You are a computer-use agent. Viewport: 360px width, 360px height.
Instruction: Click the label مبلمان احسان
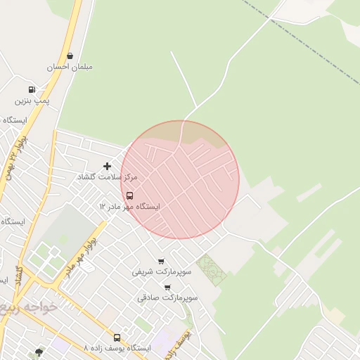coord(70,67)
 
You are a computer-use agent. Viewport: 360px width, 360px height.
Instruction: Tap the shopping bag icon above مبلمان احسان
coord(70,56)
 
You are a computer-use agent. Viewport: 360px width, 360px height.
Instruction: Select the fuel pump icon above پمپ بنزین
coord(32,89)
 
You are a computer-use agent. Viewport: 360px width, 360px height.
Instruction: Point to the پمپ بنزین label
coord(33,101)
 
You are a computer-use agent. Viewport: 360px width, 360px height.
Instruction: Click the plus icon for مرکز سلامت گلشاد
coord(107,166)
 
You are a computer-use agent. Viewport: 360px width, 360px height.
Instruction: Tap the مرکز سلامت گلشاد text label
coord(107,177)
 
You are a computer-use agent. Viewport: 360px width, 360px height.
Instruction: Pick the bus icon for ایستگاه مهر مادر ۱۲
coord(129,195)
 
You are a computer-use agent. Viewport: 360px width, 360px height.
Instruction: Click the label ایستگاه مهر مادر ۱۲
coord(129,207)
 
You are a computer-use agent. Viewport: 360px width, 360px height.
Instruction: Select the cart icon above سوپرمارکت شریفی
coord(161,261)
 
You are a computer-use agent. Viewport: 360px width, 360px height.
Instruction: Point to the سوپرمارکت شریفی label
coord(161,271)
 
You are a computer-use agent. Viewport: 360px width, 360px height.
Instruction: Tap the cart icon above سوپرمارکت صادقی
coord(167,287)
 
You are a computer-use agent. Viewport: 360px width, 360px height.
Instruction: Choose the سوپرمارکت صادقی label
coord(167,297)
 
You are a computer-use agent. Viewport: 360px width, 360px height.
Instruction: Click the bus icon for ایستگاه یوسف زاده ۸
coord(117,337)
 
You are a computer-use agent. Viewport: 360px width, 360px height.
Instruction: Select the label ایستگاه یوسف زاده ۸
coord(117,348)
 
